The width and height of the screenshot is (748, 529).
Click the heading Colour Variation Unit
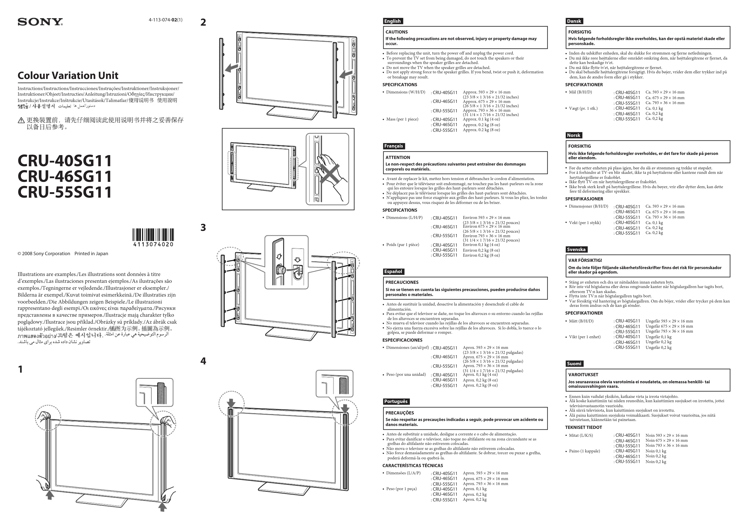pyautogui.click(x=68, y=76)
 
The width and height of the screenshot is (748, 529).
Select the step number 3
pyautogui.click(x=203, y=228)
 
